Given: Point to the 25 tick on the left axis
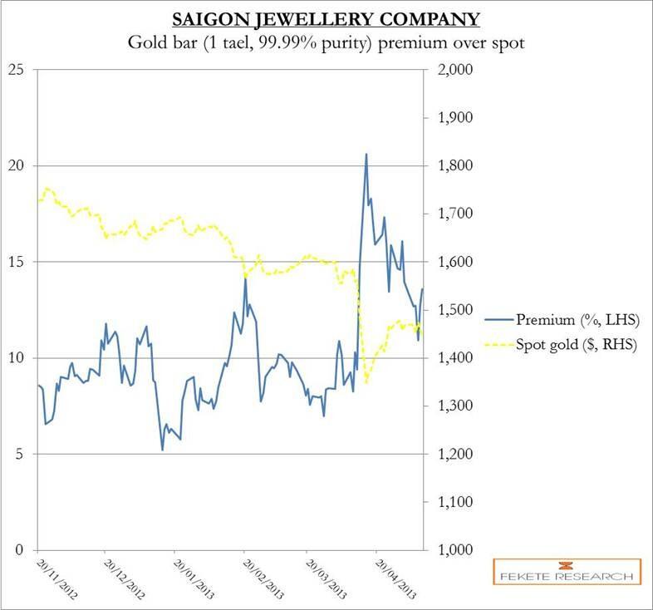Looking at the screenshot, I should point(17,70).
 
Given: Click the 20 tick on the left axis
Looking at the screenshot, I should point(17,166).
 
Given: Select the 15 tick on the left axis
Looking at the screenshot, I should point(17,262).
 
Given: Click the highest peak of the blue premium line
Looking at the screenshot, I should point(366,154).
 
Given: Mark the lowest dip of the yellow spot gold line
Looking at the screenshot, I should point(366,383).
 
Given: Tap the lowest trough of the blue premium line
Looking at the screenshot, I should point(163,450).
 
